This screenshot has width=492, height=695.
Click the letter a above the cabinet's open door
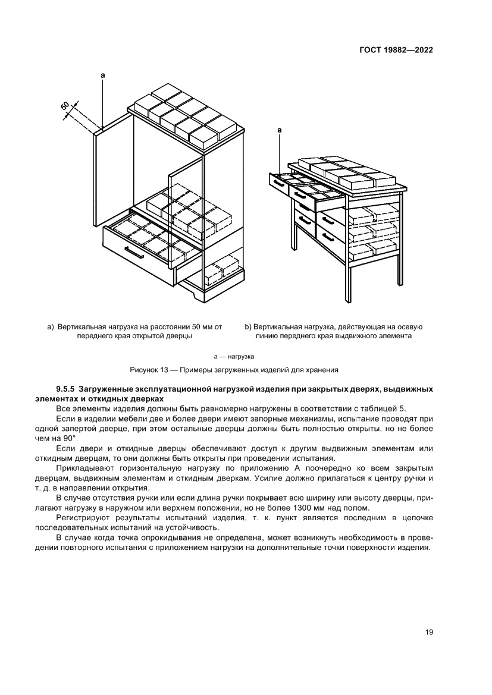pos(103,76)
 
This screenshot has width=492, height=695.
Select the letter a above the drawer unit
pos(279,129)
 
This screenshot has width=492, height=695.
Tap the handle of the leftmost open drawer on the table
pos(278,183)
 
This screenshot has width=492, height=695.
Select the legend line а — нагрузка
pos(234,356)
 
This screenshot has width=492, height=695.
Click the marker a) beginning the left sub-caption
pos(51,326)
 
